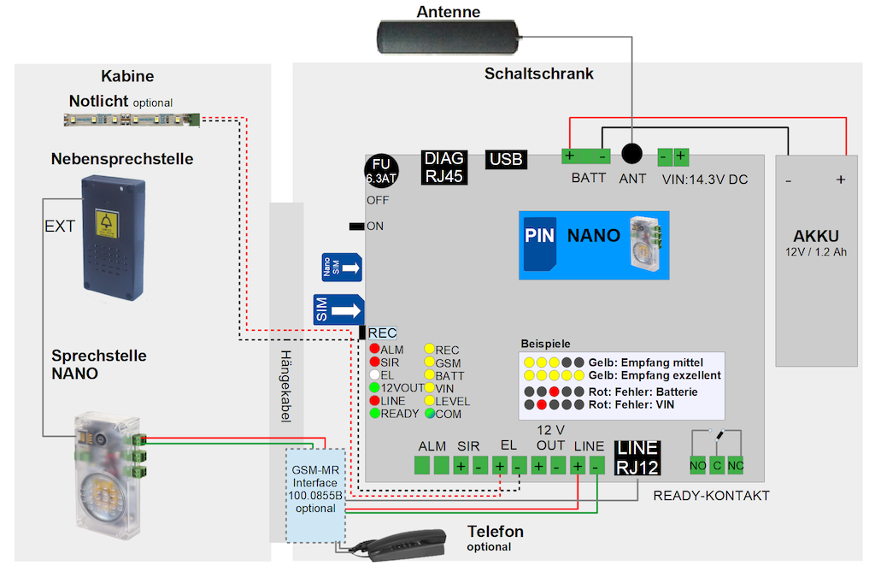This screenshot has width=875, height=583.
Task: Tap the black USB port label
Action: [x=506, y=159]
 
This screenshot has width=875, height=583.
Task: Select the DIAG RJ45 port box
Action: [x=444, y=168]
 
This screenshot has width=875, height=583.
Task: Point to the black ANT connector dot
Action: [x=632, y=154]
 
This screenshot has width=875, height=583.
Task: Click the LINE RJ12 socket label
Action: [x=637, y=457]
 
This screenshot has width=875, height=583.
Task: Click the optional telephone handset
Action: [x=402, y=544]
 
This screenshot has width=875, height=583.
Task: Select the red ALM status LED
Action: [x=374, y=350]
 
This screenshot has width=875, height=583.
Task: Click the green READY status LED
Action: [x=374, y=414]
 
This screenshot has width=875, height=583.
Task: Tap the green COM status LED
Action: [x=430, y=414]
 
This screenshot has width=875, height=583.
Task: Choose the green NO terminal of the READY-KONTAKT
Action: [x=698, y=465]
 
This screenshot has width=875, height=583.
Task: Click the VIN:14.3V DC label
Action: [x=705, y=179]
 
